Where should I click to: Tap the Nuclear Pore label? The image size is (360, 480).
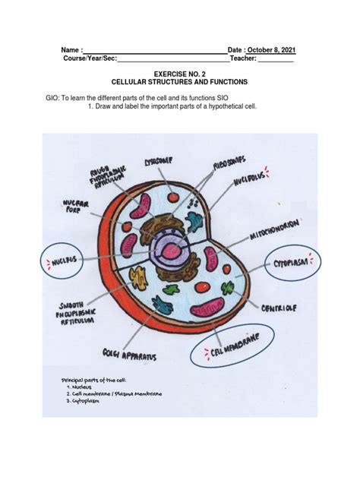click(x=76, y=207)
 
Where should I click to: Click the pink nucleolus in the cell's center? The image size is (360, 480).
click(x=173, y=250)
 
